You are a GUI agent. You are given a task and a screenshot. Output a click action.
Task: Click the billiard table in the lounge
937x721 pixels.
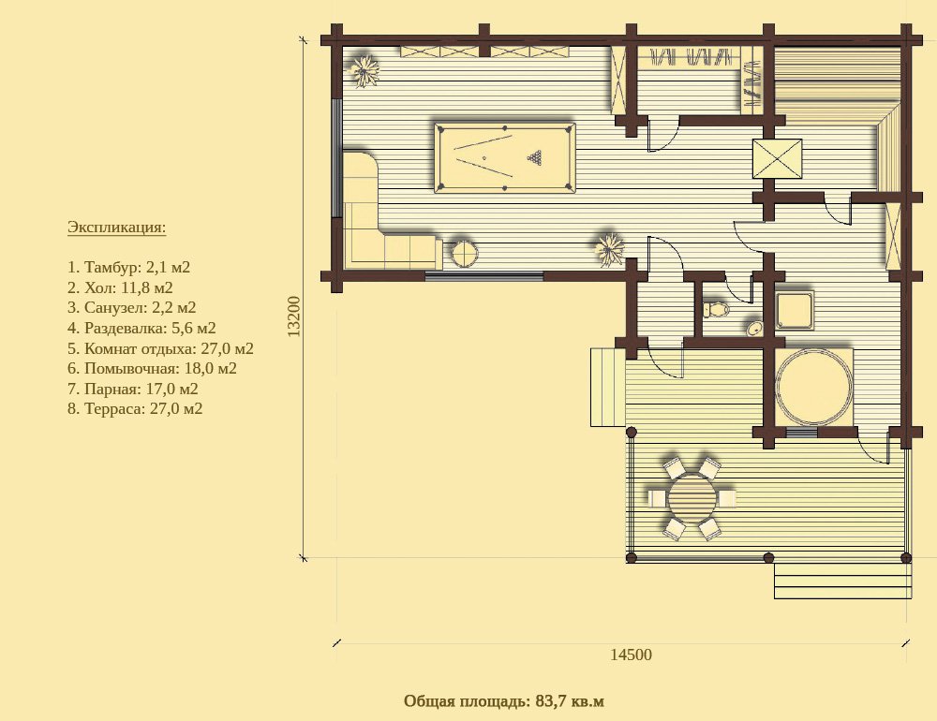[x=505, y=157]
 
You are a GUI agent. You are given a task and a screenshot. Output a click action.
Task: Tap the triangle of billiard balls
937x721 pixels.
[x=535, y=157]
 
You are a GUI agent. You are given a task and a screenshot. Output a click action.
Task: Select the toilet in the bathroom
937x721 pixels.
[x=716, y=309]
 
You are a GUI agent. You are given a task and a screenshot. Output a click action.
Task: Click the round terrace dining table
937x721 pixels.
[x=692, y=499]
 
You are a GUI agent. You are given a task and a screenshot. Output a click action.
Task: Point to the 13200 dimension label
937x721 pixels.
[x=293, y=316]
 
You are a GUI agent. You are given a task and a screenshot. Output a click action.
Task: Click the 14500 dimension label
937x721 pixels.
[x=631, y=655]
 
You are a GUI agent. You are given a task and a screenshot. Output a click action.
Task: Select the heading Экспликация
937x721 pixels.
[x=116, y=228]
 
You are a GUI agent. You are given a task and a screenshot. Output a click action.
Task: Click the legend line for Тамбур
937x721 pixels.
[x=128, y=267]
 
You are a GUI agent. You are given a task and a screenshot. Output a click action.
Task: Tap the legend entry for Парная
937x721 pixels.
[x=133, y=389]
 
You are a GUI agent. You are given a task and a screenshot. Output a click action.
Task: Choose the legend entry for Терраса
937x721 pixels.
[x=135, y=408]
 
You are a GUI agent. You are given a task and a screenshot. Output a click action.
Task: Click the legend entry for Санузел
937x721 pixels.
[x=131, y=308]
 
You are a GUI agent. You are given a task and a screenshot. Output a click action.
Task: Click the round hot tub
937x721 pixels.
[x=813, y=387]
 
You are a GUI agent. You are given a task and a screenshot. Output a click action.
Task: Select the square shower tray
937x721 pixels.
[x=795, y=310]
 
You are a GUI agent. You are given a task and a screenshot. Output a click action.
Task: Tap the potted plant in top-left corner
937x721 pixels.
[x=364, y=71]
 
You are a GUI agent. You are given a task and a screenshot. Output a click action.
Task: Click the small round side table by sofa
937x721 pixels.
[x=464, y=254]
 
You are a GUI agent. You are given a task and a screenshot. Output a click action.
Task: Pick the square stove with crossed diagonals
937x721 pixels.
[x=777, y=158]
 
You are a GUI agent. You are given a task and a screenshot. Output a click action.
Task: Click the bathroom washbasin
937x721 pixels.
[x=754, y=329]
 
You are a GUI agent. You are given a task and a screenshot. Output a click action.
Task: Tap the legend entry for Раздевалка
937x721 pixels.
[x=141, y=328]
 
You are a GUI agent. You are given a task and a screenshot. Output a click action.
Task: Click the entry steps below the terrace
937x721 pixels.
[x=843, y=581]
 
